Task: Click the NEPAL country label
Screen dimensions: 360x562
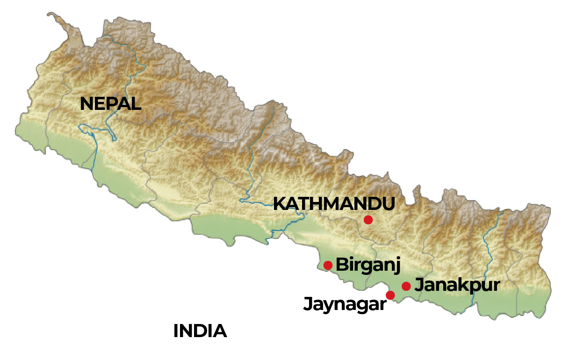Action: [x=110, y=103]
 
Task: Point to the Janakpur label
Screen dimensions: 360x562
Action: [x=457, y=285]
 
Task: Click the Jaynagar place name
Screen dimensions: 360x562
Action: [x=346, y=304]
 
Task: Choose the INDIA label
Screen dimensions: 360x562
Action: [x=200, y=331]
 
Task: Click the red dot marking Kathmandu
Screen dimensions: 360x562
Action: [x=368, y=219]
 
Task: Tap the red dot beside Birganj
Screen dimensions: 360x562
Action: [x=328, y=265]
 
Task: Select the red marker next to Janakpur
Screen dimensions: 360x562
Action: [x=406, y=286]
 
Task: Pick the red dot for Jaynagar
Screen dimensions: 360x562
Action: [x=390, y=295]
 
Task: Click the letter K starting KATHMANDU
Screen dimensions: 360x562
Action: [x=279, y=204]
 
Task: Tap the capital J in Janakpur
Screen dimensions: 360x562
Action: [x=419, y=285]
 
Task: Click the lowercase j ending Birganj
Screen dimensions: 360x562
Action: [x=398, y=266]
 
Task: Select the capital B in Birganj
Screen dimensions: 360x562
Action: [x=342, y=265]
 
